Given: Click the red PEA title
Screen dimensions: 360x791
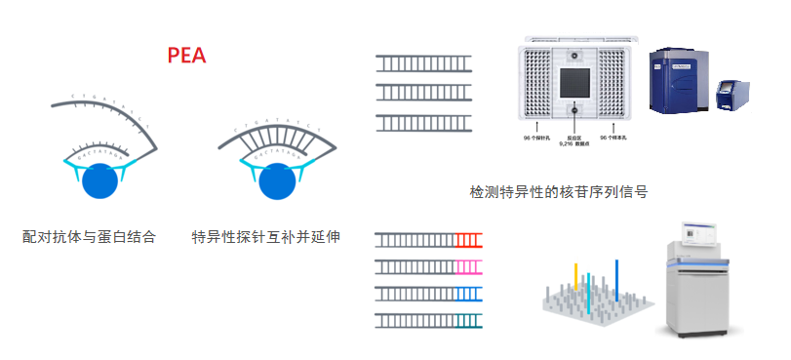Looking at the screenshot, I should pyautogui.click(x=186, y=55).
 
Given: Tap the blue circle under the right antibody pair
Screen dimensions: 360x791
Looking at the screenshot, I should pyautogui.click(x=278, y=180).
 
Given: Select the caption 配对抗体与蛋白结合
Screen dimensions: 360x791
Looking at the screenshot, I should pyautogui.click(x=89, y=237).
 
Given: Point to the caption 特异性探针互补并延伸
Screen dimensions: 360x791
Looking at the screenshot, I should pyautogui.click(x=266, y=237).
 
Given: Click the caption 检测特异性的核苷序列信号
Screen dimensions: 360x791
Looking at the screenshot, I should pyautogui.click(x=559, y=191).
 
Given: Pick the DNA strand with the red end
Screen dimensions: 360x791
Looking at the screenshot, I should pyautogui.click(x=428, y=239).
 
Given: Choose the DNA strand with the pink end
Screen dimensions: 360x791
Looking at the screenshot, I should pyautogui.click(x=428, y=265).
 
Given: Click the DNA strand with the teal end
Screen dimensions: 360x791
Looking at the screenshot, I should pyautogui.click(x=428, y=319).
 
